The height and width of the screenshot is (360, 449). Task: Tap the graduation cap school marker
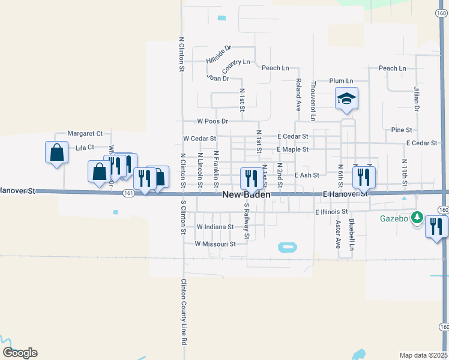346,98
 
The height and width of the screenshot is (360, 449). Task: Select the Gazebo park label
394,218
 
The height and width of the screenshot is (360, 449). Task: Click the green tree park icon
417,218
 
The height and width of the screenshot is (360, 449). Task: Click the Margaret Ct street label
85,133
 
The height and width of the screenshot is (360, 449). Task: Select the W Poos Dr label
208,121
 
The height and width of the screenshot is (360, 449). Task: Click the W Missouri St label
215,244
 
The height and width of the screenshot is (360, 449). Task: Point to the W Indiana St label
215,227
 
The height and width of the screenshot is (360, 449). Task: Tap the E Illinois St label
331,212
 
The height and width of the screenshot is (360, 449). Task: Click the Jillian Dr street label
415,100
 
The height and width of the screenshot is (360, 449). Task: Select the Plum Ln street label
341,80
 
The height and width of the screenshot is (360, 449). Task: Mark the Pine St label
402,130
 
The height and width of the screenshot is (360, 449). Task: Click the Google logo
20,353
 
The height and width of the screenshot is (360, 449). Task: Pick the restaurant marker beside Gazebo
436,227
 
